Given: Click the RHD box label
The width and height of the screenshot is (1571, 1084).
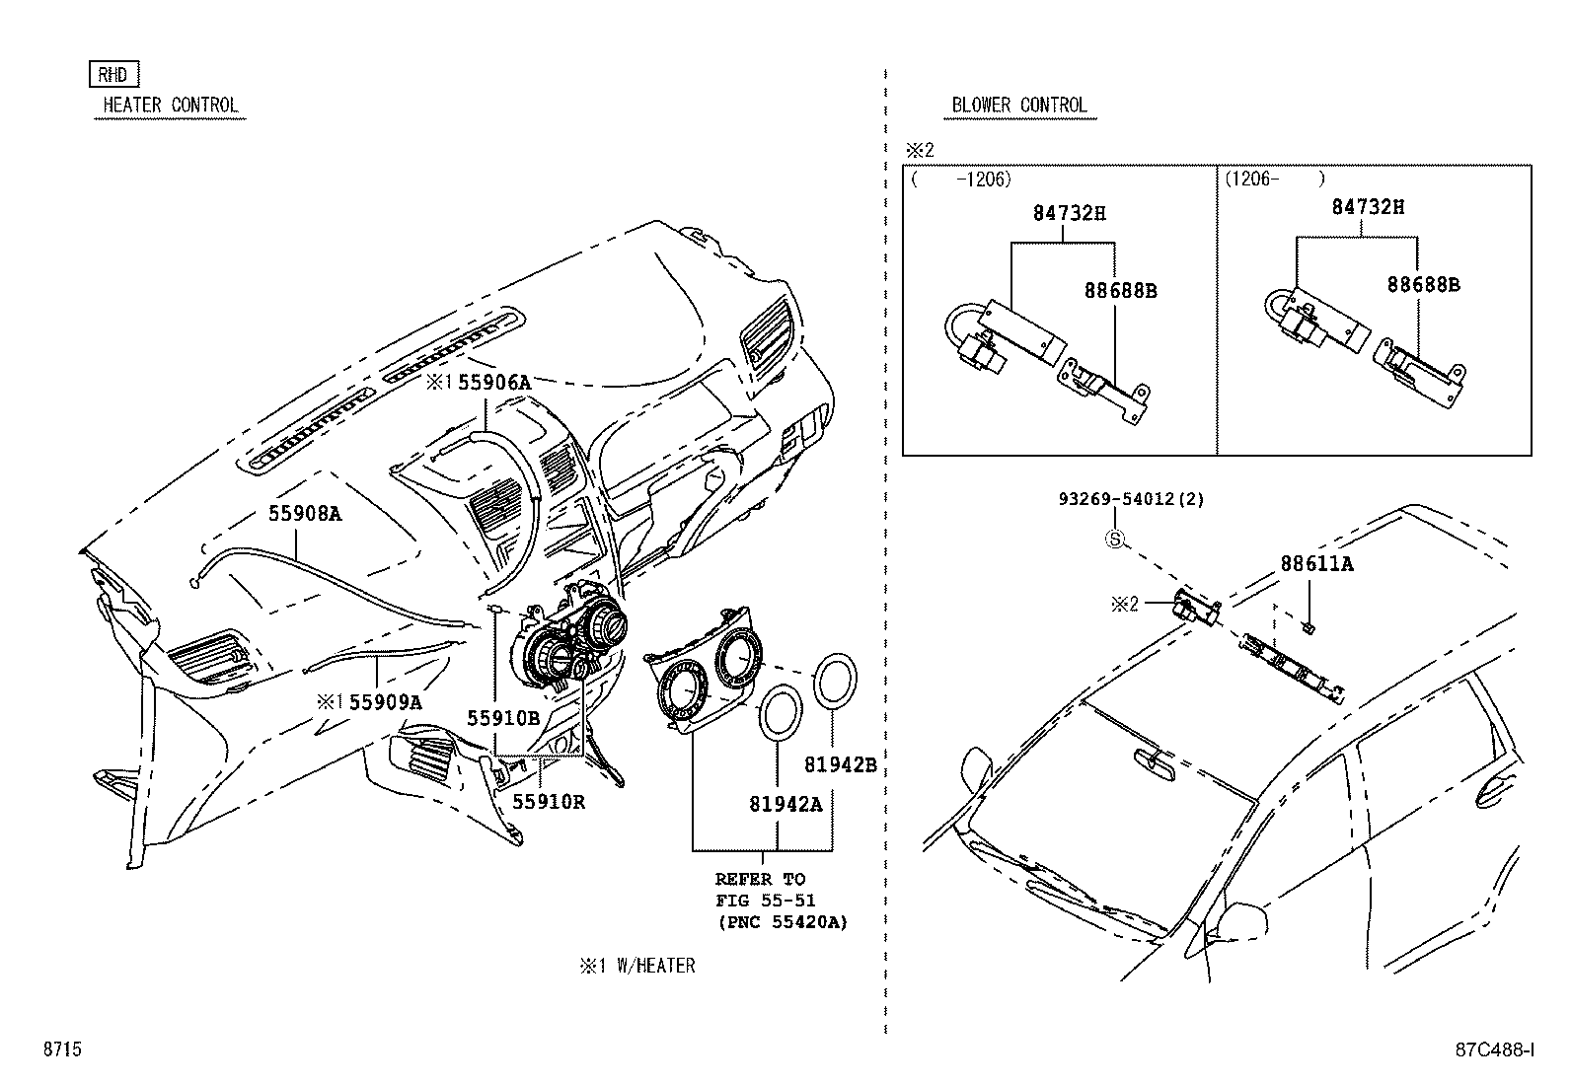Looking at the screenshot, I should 114,74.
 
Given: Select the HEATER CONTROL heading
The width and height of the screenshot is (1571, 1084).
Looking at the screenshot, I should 170,106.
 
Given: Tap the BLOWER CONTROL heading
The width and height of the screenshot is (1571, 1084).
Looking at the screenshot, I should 1018,106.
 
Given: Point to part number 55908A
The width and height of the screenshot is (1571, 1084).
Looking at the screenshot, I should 305,514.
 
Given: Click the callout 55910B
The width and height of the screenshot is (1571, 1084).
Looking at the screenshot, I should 502,719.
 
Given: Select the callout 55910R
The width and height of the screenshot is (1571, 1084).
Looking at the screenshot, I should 549,802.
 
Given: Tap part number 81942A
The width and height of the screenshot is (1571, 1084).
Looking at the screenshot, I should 785,805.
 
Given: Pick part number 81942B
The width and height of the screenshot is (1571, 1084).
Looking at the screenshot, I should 840,764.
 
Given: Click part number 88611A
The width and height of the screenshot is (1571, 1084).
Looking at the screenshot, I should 1316,565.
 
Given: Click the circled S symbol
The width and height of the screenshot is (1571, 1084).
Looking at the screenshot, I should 1114,540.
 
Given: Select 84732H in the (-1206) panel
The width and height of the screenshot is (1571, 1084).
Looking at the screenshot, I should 1070,212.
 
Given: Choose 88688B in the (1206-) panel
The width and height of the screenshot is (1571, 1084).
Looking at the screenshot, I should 1423,285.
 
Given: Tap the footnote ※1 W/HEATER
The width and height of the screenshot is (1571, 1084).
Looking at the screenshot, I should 636,967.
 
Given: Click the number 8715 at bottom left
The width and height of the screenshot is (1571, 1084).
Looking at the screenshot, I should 61,1049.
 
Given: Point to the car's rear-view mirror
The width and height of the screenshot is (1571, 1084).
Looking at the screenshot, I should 1155,757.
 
